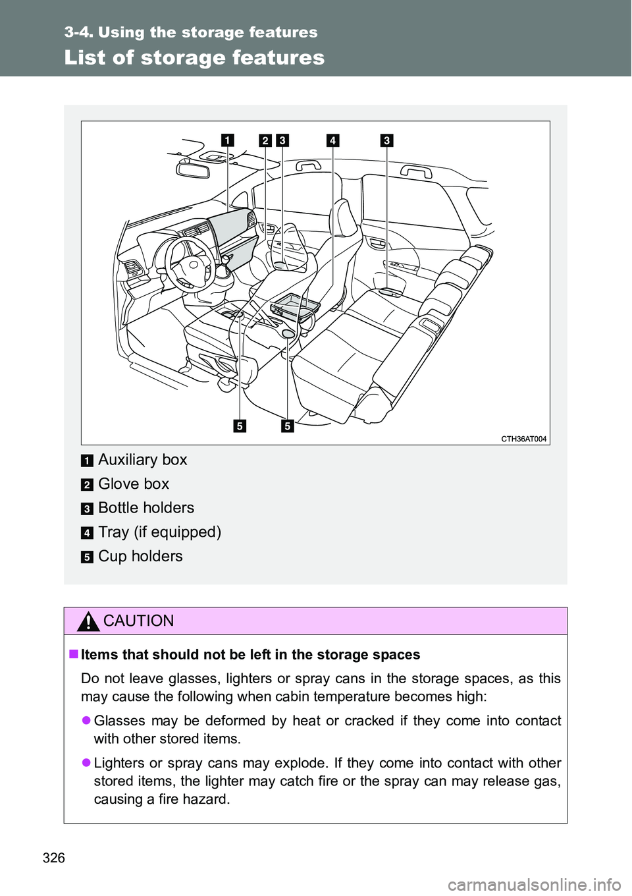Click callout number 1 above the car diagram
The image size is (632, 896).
(x=227, y=140)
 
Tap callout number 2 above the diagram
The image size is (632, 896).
(x=265, y=140)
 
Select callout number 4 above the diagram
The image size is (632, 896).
(x=332, y=140)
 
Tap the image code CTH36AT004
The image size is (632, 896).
(x=524, y=439)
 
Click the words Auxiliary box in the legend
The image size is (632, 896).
(x=142, y=460)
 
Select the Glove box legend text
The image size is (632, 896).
(x=134, y=484)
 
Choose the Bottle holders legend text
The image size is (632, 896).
(x=146, y=508)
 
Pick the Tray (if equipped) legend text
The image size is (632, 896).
(x=159, y=532)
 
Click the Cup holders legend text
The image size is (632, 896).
(x=140, y=557)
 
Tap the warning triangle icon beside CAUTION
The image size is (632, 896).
(x=88, y=621)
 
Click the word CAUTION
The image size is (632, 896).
(x=139, y=621)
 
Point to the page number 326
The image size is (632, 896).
(x=54, y=857)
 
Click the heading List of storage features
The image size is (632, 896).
(x=194, y=58)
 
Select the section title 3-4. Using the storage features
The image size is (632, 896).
(x=191, y=32)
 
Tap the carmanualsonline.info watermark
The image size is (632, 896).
(x=540, y=883)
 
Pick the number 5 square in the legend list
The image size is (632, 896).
(x=87, y=557)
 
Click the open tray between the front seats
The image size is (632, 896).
(x=294, y=306)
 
